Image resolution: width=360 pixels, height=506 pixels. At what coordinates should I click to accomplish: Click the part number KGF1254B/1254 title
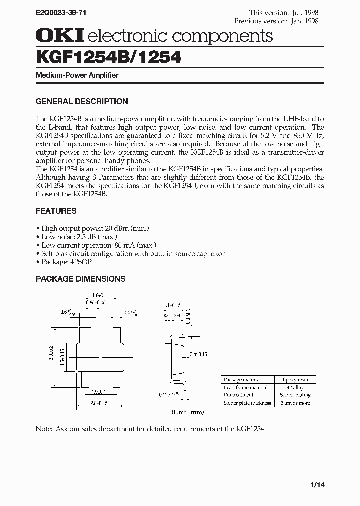[x=108, y=59]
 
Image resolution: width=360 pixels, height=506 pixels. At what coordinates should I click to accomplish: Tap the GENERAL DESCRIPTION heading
[x=82, y=101]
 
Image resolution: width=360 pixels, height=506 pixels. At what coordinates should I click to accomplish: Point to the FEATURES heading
[x=56, y=211]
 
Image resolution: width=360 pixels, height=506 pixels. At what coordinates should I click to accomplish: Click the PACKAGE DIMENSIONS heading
[x=80, y=279]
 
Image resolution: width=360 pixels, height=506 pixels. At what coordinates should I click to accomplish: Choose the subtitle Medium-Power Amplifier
[x=77, y=75]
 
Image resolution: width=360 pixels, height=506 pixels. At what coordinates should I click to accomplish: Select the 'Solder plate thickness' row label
[x=247, y=403]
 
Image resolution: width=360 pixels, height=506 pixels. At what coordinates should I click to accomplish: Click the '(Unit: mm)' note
[x=188, y=412]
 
